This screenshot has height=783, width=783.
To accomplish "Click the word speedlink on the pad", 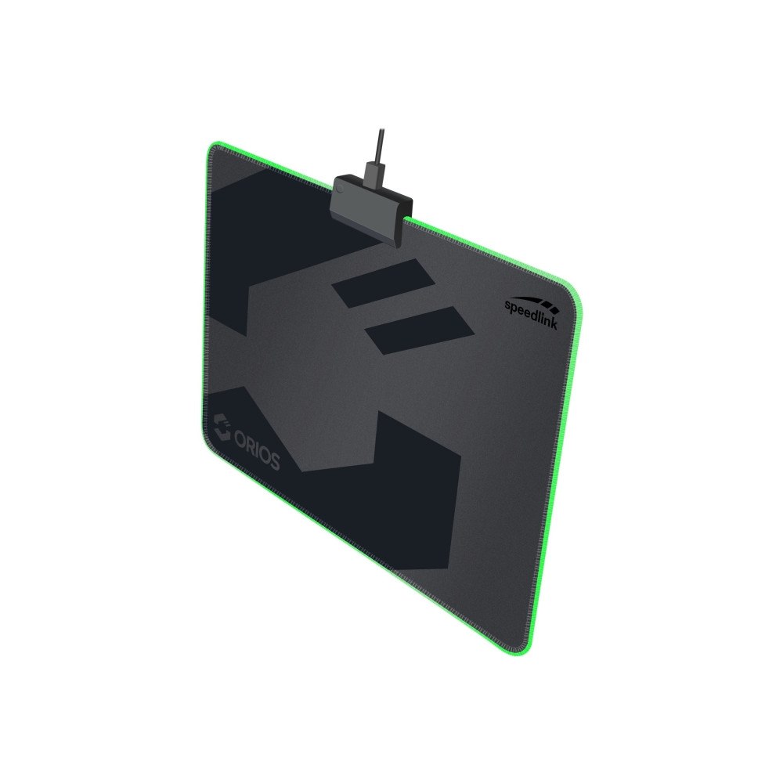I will point(532,312).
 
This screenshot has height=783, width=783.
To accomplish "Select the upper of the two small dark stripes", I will point(384,282).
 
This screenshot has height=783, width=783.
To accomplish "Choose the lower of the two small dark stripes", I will point(420,329).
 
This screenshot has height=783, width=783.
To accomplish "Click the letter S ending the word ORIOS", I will point(274,462).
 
